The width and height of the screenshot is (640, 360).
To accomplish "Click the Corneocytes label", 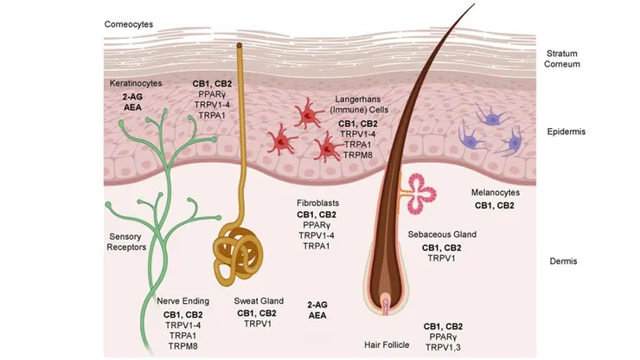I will pyautogui.click(x=130, y=24).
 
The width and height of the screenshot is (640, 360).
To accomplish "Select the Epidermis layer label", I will pyautogui.click(x=572, y=132).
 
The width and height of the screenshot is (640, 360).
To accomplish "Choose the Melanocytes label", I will pyautogui.click(x=495, y=192).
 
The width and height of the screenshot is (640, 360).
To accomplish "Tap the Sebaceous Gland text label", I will pyautogui.click(x=441, y=235).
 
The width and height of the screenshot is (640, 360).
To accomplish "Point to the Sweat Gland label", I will pyautogui.click(x=259, y=300).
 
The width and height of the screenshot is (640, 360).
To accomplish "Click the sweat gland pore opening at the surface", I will pyautogui.click(x=240, y=44).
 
